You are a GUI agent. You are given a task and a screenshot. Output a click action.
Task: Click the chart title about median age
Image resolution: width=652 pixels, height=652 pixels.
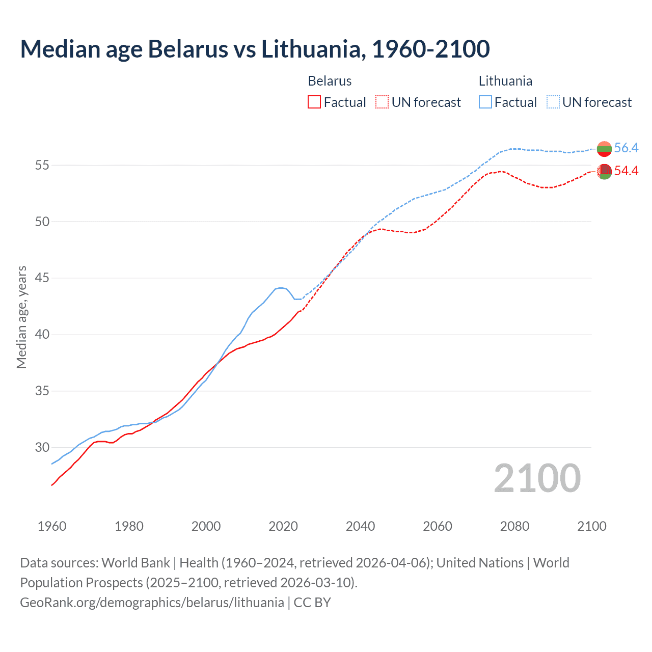(255, 49)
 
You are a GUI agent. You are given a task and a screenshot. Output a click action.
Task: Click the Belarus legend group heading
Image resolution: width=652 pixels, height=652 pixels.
(330, 81)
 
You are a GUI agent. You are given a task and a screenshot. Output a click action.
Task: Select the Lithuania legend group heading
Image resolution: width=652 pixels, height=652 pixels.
(505, 81)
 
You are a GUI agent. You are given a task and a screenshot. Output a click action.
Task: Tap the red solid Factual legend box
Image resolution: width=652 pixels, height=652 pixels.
(314, 102)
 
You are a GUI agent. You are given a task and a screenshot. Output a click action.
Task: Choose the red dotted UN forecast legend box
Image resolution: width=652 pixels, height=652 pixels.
(382, 102)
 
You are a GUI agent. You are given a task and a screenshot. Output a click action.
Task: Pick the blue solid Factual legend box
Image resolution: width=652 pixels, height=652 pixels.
(485, 102)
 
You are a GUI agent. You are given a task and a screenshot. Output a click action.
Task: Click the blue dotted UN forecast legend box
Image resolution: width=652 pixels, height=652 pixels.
(553, 102)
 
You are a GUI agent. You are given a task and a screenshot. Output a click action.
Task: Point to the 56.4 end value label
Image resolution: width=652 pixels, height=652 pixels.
(626, 148)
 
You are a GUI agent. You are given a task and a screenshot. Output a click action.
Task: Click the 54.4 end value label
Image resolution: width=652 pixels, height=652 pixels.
(626, 171)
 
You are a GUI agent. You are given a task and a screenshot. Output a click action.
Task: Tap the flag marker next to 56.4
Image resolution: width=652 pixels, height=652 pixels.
(604, 149)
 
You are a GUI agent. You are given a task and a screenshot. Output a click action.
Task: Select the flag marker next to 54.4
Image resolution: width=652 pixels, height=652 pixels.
(604, 172)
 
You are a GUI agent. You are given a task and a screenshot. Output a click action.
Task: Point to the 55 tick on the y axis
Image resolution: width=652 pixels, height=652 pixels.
(42, 165)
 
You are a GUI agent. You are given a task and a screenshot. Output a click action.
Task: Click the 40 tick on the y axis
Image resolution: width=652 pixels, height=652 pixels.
(42, 335)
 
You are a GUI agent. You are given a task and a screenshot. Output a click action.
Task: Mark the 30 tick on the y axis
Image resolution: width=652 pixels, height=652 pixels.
(42, 448)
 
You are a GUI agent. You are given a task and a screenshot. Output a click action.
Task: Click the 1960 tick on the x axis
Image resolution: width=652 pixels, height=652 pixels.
(52, 526)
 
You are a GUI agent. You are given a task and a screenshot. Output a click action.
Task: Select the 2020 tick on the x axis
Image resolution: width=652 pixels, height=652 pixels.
(283, 526)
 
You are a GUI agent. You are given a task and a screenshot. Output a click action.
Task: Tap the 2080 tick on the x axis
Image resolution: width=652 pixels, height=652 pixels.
(514, 526)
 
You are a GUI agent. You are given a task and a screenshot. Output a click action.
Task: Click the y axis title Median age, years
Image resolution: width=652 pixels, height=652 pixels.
(21, 317)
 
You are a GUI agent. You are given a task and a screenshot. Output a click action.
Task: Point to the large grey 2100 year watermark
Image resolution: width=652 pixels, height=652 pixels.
(537, 478)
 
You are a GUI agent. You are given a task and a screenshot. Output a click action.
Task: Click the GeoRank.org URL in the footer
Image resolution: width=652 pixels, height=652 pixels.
(152, 603)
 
